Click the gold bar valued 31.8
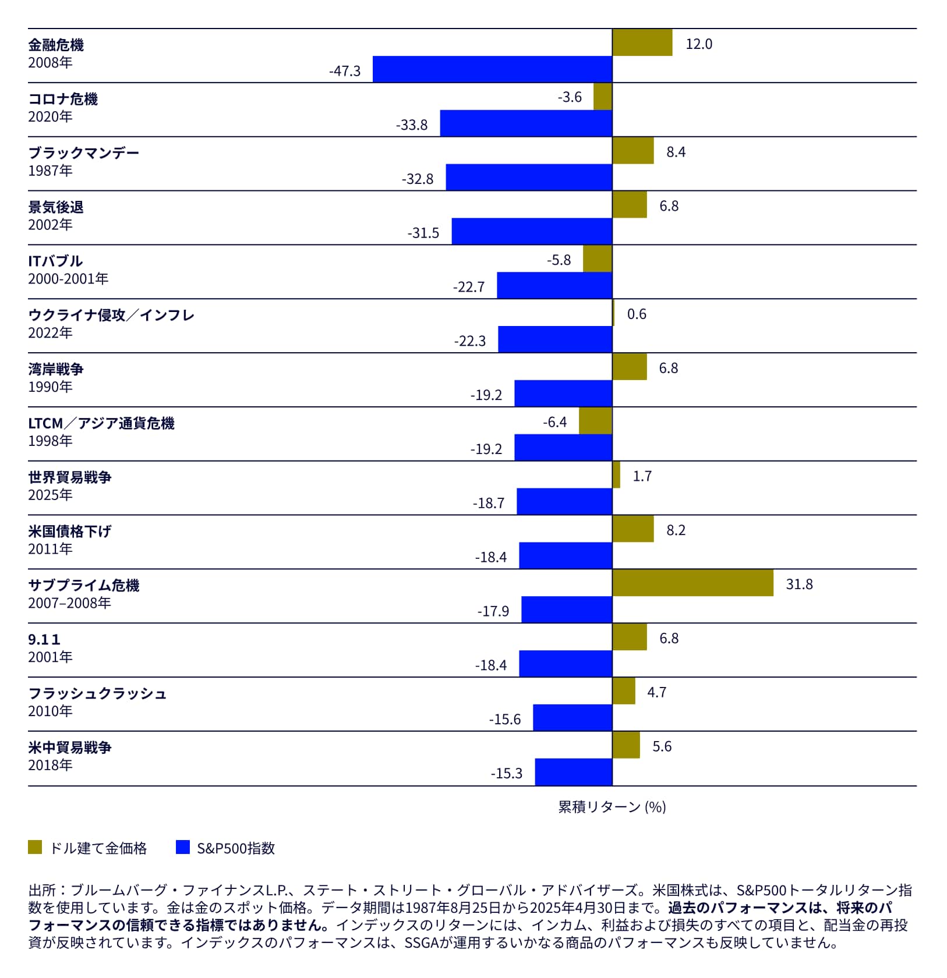692,583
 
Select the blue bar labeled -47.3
492,69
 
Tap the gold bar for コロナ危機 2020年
603,97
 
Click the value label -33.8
412,125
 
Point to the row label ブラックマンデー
84,153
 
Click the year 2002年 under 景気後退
50,225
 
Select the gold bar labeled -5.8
597,259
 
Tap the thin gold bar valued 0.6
613,313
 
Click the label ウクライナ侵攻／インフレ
111,315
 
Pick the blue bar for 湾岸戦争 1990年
563,394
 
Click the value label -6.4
554,422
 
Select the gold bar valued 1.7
616,475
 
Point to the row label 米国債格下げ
69,531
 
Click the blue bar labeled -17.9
567,610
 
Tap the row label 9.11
44,639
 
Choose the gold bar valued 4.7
624,691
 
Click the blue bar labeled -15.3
574,773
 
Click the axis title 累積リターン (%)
612,807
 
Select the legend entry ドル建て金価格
98,848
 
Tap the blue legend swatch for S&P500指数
183,848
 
